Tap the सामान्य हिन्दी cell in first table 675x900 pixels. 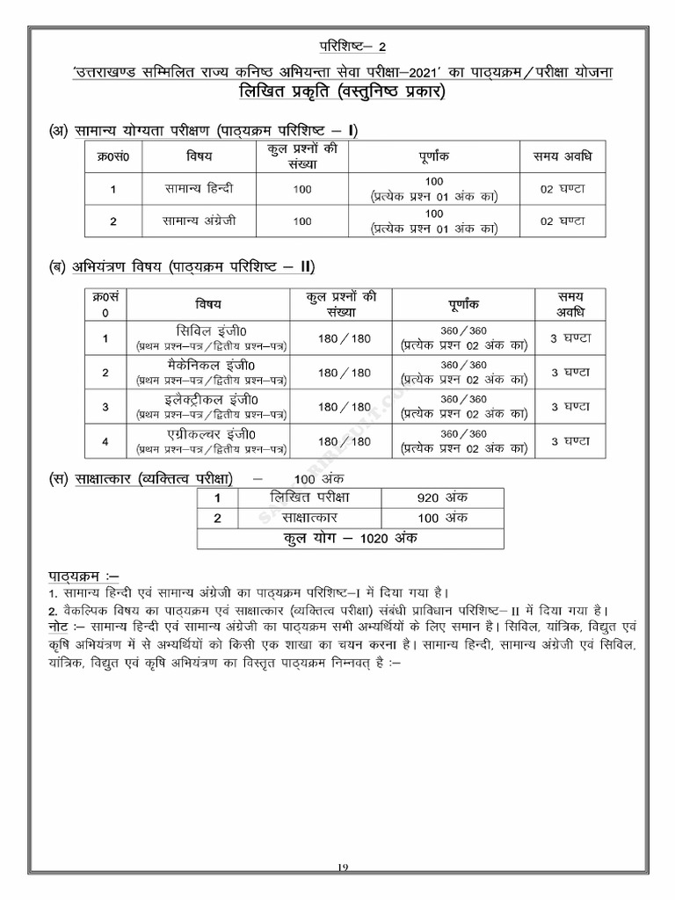(199, 189)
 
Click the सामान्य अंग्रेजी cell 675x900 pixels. (199, 221)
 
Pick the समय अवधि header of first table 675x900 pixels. (562, 156)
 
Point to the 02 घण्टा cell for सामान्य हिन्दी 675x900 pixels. (562, 189)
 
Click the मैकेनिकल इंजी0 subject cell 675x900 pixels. (211, 373)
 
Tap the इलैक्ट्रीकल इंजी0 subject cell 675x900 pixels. (211, 407)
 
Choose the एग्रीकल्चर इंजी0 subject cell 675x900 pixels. (211, 441)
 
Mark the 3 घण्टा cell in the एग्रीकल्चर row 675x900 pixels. (570, 441)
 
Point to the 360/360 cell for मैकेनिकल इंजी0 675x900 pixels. (464, 373)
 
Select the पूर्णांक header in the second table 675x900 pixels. (464, 304)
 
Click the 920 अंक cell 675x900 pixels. (442, 497)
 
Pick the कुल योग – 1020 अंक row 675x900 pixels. (350, 538)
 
